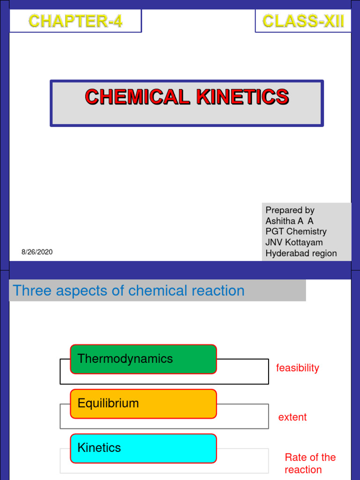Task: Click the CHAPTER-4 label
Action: [75, 21]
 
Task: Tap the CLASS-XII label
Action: [303, 21]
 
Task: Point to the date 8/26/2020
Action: [37, 252]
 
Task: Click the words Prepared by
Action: [290, 210]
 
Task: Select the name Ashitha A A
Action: [289, 221]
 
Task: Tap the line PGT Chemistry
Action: [296, 232]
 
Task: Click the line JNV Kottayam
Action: [294, 242]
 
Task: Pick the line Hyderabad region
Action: [301, 253]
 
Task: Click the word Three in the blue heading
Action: [31, 291]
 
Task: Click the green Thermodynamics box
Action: [143, 359]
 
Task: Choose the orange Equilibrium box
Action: [143, 404]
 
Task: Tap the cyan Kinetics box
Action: [143, 448]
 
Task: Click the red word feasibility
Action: [297, 368]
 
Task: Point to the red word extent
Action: [292, 417]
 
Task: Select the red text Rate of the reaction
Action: [310, 463]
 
